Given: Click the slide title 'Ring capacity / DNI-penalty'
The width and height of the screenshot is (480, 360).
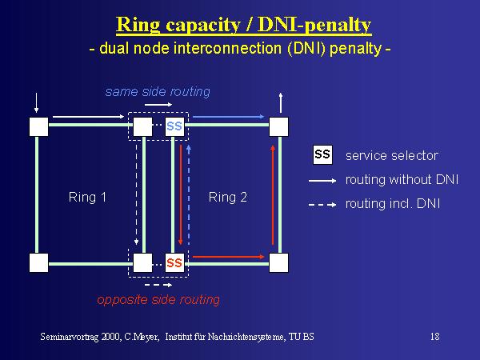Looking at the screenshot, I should pos(243,25).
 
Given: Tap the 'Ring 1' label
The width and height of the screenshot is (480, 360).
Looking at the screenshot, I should pos(88,197).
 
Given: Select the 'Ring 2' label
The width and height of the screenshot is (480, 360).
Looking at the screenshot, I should pos(228,197).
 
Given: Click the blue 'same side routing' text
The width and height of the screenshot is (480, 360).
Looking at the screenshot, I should pos(158,91).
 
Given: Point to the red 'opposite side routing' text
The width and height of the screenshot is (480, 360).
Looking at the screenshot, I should pos(158,299).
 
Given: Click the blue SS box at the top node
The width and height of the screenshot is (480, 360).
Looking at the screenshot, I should pos(174,126).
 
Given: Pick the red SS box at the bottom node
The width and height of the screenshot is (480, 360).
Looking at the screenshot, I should pos(174,262).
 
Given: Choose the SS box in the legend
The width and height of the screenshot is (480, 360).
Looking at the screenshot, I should pos(322,154).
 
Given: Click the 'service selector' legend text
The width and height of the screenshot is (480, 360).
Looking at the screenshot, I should pos(391,155).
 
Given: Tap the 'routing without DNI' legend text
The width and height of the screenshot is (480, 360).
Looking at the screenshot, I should pos(401,179).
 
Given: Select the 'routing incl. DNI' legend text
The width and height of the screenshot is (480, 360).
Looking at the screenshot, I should pos(392,204).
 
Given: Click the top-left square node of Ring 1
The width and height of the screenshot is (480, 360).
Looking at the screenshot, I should pos(38,126).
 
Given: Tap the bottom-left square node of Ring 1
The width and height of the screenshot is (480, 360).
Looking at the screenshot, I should pos(38,262).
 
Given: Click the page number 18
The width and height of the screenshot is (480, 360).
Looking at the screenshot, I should pos(434,337).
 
